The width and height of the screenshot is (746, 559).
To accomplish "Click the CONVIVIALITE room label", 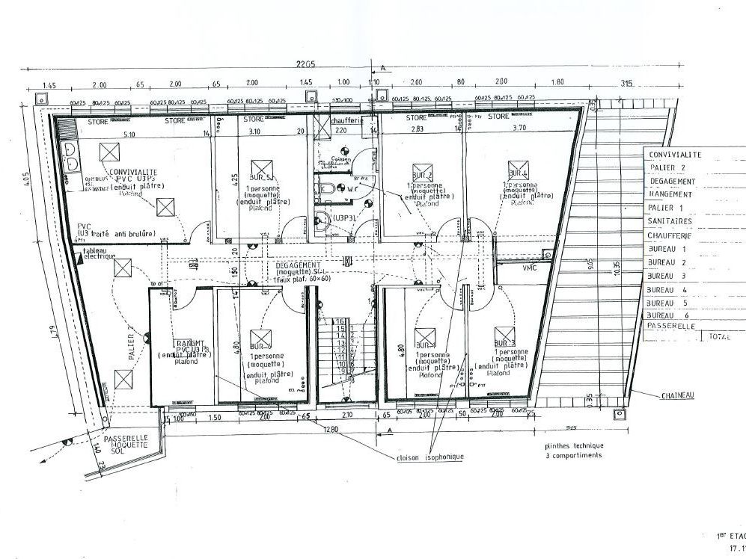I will pos(135,172).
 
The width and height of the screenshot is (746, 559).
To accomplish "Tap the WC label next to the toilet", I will pos(349,190).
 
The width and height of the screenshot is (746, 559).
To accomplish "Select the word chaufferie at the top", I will pos(344,120).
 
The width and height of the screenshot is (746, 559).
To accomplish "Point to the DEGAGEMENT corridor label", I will pos(298,265).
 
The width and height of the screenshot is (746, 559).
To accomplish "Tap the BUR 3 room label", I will pos(501,344).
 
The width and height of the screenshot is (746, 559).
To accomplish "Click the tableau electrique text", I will pos(99,254).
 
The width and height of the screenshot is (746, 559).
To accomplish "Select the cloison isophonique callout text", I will pos(431,457).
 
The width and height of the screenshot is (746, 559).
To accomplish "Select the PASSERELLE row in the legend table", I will pos(672,327).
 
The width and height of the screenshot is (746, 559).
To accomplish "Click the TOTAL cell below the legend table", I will pos(718,337).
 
